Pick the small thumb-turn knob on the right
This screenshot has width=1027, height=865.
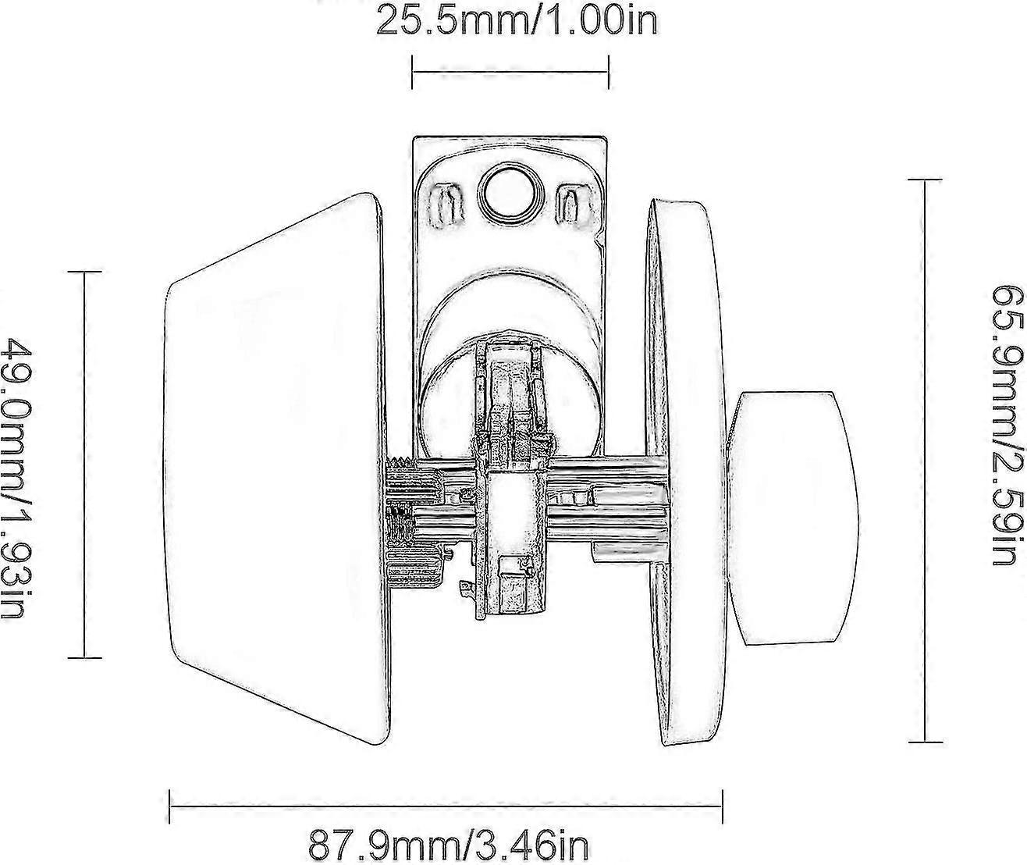[792, 518]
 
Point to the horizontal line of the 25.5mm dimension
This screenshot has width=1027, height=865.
[510, 72]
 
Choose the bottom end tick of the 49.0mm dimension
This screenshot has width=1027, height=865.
[84, 658]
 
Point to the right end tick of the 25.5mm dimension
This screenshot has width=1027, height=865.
[608, 72]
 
